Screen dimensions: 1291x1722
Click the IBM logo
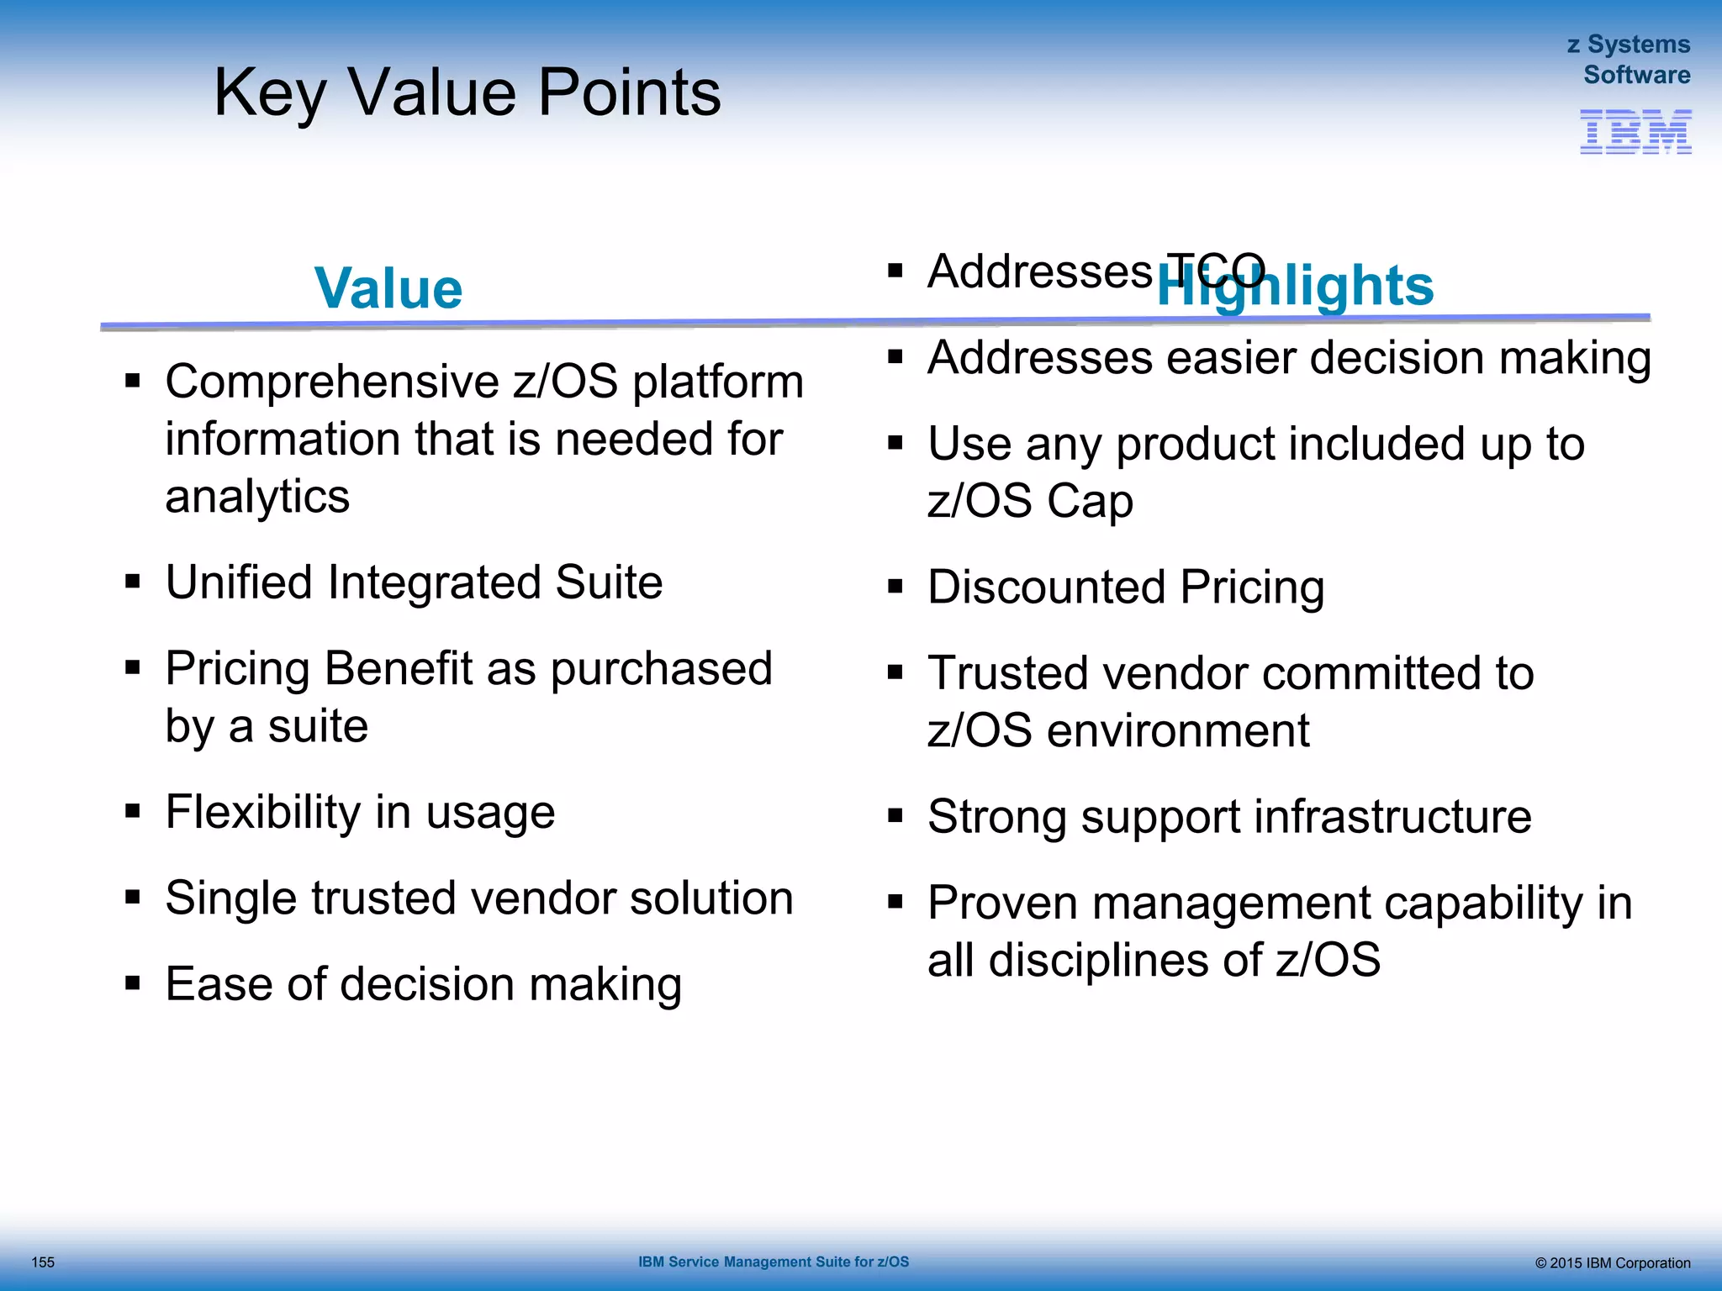[1635, 132]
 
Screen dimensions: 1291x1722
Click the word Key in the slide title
[269, 92]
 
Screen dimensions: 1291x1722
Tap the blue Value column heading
[388, 288]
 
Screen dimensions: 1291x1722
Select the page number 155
[43, 1262]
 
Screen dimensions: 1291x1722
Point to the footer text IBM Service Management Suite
[773, 1262]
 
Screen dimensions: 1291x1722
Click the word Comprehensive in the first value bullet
[332, 382]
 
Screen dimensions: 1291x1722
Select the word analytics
[257, 497]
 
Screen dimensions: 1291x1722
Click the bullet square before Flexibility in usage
[133, 812]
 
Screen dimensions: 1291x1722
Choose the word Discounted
[1046, 587]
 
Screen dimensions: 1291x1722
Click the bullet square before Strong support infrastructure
[895, 815]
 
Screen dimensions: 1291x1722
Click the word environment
[1178, 730]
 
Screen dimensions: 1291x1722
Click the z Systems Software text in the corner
[1630, 60]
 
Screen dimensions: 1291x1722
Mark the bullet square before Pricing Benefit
[133, 668]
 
